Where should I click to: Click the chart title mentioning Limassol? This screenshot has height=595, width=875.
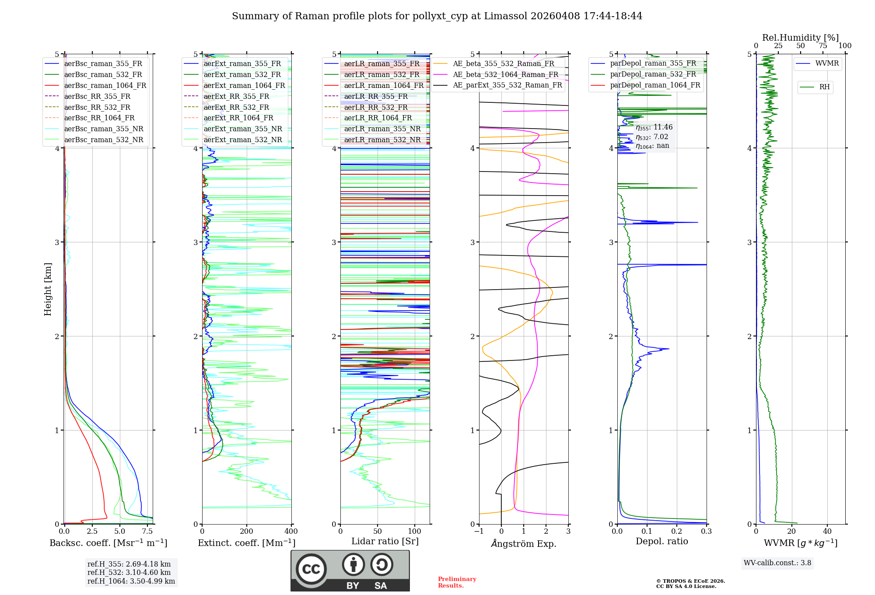click(437, 16)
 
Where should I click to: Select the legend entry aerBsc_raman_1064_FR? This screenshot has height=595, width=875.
click(105, 85)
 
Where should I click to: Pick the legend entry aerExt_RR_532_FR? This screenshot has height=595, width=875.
click(238, 107)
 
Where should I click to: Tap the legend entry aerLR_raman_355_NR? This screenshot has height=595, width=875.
click(382, 129)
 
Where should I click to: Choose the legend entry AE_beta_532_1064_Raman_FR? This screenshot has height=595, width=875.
click(505, 74)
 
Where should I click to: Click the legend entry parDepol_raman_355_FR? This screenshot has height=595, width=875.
click(653, 63)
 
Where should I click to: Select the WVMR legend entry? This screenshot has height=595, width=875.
click(826, 63)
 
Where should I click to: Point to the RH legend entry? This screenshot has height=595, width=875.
click(824, 87)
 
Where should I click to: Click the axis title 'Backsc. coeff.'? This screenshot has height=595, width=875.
click(108, 543)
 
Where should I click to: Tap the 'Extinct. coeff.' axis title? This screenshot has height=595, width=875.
click(246, 543)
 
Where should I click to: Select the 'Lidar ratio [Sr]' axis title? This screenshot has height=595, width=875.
click(385, 541)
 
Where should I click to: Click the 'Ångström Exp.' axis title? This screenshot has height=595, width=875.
click(523, 543)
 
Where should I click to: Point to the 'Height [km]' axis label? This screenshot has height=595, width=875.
click(48, 289)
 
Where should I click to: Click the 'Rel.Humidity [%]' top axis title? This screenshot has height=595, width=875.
click(800, 38)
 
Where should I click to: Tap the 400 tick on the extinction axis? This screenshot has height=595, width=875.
click(291, 531)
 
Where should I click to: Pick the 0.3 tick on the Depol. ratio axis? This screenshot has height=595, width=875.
click(706, 531)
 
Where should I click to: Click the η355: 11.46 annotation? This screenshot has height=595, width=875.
click(654, 127)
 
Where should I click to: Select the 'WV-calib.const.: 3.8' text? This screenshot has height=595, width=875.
click(777, 563)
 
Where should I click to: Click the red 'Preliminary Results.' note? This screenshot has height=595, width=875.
click(457, 582)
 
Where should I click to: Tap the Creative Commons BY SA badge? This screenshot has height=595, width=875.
click(350, 570)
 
